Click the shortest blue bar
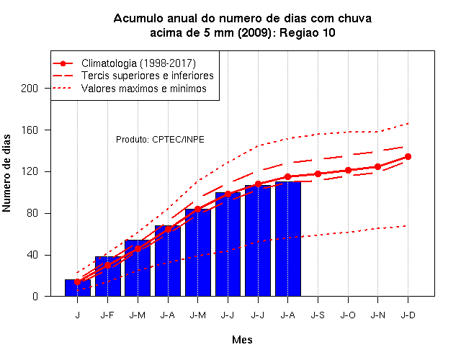pyautogui.click(x=78, y=288)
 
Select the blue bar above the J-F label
pyautogui.click(x=108, y=276)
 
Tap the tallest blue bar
pyautogui.click(x=288, y=239)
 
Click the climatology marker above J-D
pyautogui.click(x=408, y=157)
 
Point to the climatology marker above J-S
pyautogui.click(x=318, y=174)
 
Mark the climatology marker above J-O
pyautogui.click(x=348, y=170)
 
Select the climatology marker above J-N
pyautogui.click(x=377, y=166)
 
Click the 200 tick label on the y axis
pyautogui.click(x=30, y=88)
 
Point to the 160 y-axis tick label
pyautogui.click(x=30, y=130)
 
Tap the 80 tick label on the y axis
pyautogui.click(x=32, y=213)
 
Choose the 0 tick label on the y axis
pyautogui.click(x=35, y=296)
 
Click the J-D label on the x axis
pyautogui.click(x=408, y=315)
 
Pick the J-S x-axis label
pyautogui.click(x=318, y=315)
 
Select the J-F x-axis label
pyautogui.click(x=107, y=315)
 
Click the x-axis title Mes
pyautogui.click(x=242, y=340)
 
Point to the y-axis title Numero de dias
pyautogui.click(x=6, y=174)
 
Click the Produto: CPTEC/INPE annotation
pyautogui.click(x=160, y=139)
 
